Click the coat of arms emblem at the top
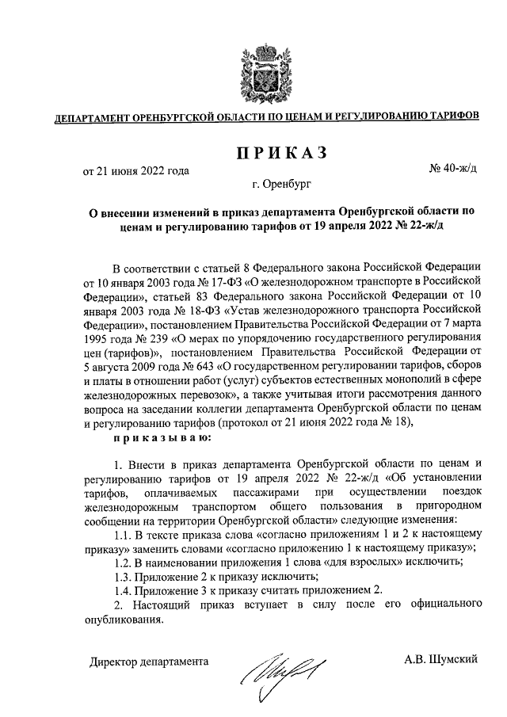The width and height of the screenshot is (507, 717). tap(253, 70)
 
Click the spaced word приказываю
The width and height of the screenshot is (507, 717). tap(162, 437)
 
